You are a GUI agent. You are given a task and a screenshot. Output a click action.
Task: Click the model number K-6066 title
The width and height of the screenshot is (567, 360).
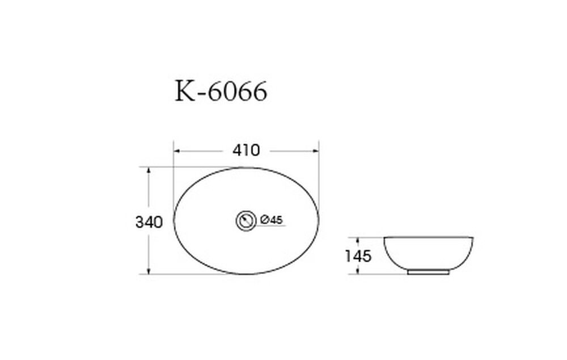click(x=221, y=91)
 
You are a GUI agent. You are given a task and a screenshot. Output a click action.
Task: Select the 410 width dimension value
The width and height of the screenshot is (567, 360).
click(x=246, y=151)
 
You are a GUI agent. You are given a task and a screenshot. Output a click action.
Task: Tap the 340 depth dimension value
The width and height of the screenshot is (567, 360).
click(x=149, y=222)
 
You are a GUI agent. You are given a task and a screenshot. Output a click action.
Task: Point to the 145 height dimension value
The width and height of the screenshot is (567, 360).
click(x=358, y=256)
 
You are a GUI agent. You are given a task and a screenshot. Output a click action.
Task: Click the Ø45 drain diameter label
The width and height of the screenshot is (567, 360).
click(x=272, y=220)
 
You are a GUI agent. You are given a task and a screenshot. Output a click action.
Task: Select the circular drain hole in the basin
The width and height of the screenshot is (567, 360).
click(x=246, y=221)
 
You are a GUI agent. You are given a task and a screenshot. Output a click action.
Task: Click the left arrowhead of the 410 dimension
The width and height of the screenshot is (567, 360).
click(x=176, y=151)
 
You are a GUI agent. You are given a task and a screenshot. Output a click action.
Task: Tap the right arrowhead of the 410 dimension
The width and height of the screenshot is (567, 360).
click(x=316, y=151)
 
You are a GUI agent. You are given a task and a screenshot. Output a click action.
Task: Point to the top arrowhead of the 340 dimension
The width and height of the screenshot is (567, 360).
click(x=149, y=170)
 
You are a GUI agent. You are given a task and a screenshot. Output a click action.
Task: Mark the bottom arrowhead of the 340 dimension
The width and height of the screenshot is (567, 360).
click(x=149, y=271)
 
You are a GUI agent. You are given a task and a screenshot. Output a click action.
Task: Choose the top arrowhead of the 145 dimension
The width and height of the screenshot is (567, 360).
click(x=358, y=240)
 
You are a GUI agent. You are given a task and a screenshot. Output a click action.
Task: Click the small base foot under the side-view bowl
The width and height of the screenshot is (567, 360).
click(x=428, y=272)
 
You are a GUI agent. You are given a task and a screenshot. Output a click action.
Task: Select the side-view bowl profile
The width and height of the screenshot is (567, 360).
click(x=429, y=253)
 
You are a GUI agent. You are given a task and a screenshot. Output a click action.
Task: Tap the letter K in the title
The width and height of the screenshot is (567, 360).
click(x=185, y=91)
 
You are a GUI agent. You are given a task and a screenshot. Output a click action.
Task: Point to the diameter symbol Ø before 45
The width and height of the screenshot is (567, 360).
click(x=264, y=220)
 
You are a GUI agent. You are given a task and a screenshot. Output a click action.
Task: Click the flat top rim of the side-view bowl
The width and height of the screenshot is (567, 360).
click(x=429, y=237)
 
